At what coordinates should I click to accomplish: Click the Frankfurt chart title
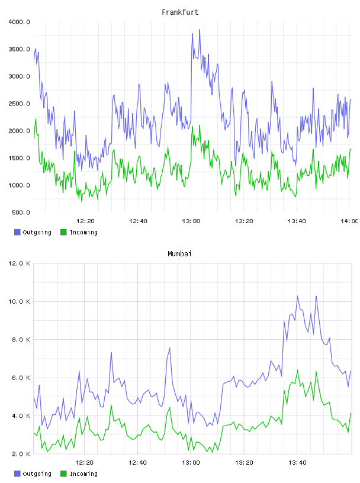[x=180, y=12]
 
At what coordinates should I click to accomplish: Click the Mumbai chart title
[x=179, y=253]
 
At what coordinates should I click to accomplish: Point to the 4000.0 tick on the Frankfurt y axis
[x=19, y=22]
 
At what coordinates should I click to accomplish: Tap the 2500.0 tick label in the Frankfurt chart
[x=19, y=104]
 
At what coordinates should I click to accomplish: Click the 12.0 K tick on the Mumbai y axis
[x=19, y=263]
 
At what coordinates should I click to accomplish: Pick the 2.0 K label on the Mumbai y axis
[x=21, y=454]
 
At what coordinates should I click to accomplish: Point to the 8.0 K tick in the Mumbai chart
[x=21, y=339]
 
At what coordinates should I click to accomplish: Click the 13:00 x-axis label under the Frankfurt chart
[x=191, y=221]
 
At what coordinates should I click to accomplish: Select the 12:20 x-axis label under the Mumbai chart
[x=85, y=462]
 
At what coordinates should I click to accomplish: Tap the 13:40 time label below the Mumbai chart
[x=297, y=462]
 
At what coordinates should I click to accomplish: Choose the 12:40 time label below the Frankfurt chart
[x=138, y=221]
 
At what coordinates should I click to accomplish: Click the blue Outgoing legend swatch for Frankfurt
[x=17, y=232]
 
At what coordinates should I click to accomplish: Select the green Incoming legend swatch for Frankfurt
[x=63, y=232]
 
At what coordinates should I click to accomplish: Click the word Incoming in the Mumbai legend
[x=83, y=474]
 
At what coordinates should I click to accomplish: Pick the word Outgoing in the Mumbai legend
[x=37, y=474]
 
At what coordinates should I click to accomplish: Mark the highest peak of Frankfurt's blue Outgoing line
[x=200, y=30]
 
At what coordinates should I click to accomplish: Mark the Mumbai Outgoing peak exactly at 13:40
[x=297, y=296]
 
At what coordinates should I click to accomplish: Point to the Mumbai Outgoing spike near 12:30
[x=111, y=352]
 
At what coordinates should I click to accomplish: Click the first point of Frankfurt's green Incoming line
[x=34, y=139]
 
